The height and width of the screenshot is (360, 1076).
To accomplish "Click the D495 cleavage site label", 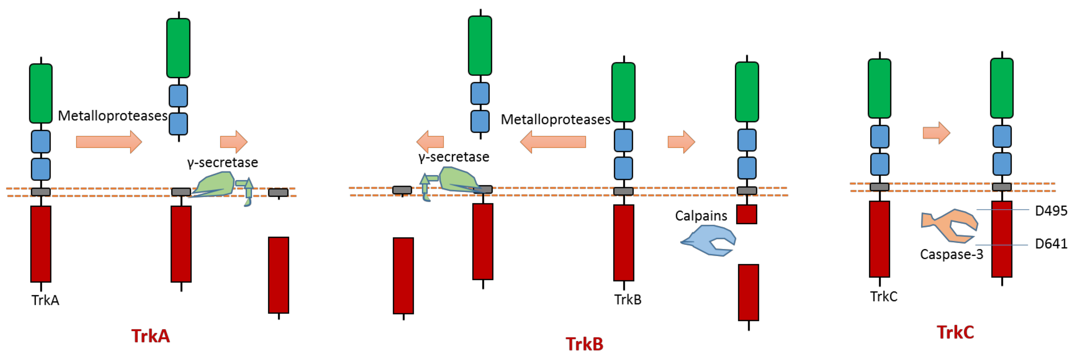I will click(1050, 211).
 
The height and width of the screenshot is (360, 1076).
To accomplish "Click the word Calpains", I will click(701, 216).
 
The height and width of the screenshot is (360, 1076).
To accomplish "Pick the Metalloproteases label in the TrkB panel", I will click(555, 119).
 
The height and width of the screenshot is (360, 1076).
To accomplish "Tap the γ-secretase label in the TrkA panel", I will click(223, 163).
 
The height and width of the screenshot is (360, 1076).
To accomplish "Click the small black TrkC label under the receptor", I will click(883, 297).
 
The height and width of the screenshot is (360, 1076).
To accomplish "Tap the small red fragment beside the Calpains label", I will click(746, 214).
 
